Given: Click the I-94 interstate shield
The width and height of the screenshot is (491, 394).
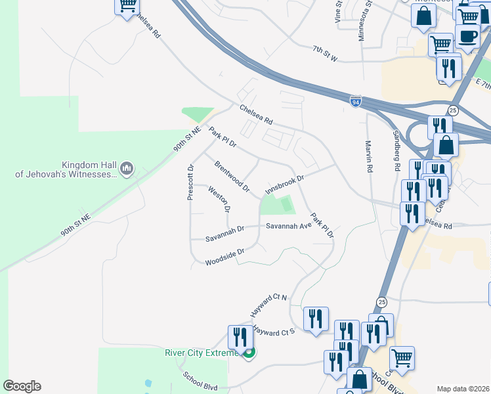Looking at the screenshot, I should pyautogui.click(x=355, y=102).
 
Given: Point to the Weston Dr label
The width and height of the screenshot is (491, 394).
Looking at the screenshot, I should pyautogui.click(x=219, y=200).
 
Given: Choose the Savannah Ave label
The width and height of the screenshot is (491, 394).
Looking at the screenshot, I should pyautogui.click(x=288, y=226).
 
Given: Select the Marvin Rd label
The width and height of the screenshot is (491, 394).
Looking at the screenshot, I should pyautogui.click(x=370, y=156).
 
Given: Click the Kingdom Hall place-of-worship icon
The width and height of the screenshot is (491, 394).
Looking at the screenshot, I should pyautogui.click(x=127, y=169).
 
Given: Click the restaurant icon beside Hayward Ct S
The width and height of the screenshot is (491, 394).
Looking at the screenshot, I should pyautogui.click(x=316, y=318).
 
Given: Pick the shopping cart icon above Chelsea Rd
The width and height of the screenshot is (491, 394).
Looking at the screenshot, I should pyautogui.click(x=127, y=6).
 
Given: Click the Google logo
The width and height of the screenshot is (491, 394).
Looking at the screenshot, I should pyautogui.click(x=22, y=386).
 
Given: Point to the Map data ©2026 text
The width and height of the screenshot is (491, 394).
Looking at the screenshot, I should pyautogui.click(x=462, y=389).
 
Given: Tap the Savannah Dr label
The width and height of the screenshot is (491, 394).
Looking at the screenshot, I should pyautogui.click(x=224, y=229).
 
